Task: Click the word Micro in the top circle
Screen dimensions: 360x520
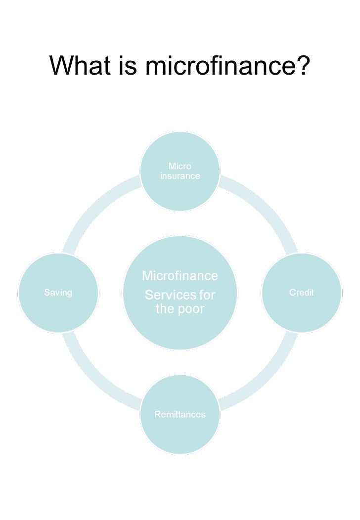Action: coord(180,167)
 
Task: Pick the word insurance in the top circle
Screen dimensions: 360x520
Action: coord(180,176)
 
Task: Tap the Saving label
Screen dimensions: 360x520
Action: coord(58,293)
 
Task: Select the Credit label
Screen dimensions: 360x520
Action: coord(301,293)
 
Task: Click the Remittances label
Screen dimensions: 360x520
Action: coord(180,415)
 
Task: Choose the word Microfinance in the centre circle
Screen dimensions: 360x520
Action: coord(180,275)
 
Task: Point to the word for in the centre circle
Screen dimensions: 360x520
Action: coord(207,296)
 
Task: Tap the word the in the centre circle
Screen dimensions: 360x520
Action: coord(165,309)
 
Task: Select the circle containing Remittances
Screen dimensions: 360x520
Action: coord(180,435)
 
